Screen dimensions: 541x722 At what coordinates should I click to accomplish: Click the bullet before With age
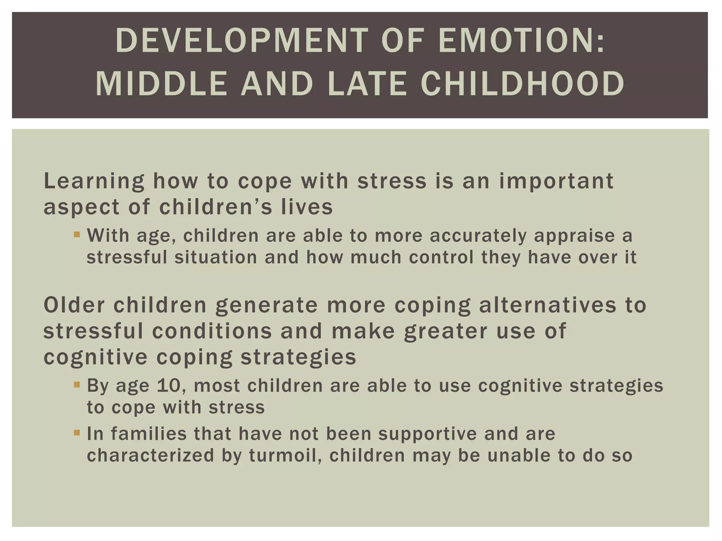77,234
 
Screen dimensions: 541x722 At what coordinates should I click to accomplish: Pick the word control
441,257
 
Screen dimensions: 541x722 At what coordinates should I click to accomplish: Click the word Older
74,305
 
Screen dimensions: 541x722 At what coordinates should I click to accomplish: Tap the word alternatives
547,305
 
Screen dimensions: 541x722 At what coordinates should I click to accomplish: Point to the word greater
446,332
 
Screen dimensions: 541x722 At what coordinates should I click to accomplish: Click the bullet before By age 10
77,384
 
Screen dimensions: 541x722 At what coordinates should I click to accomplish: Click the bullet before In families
77,432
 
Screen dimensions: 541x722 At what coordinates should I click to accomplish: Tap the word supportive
427,434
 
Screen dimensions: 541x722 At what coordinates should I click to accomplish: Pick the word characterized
151,455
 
